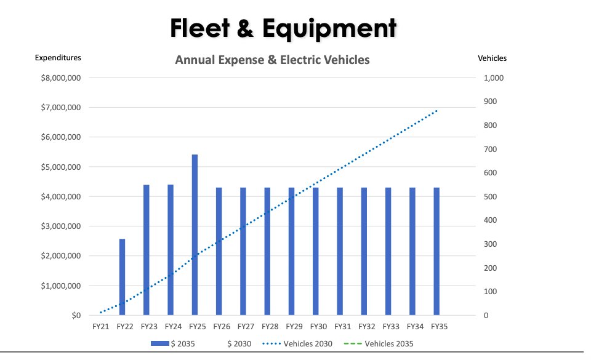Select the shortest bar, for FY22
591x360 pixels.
tap(122, 277)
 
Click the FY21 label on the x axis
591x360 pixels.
tap(100, 327)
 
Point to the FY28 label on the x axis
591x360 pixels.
tap(270, 327)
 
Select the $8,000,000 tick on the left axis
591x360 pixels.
tap(60, 78)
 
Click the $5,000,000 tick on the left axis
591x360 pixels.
tap(60, 167)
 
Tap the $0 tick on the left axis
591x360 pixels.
tap(76, 316)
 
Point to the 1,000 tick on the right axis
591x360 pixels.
tap(494, 78)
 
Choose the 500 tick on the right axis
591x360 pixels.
tap(491, 197)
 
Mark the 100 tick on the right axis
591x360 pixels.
tap(491, 292)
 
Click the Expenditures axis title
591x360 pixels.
tap(58, 58)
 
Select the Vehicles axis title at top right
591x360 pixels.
tap(492, 58)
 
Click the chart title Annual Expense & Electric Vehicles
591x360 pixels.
tap(272, 60)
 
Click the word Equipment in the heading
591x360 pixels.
tap(332, 28)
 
